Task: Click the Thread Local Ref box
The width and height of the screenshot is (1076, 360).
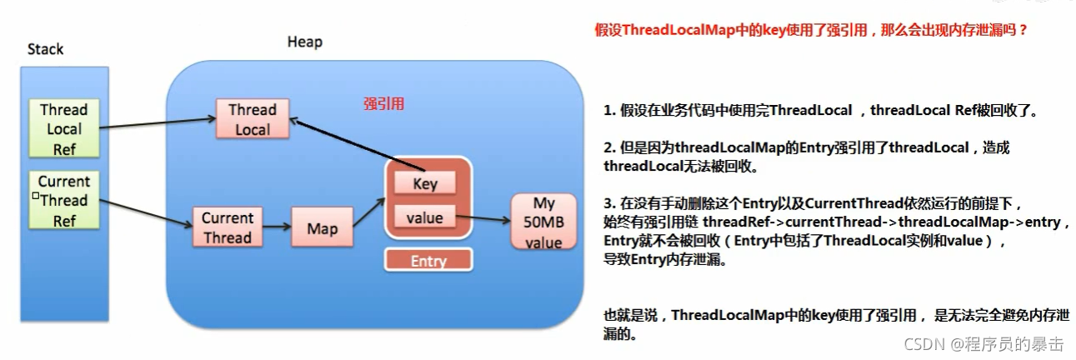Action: pyautogui.click(x=63, y=129)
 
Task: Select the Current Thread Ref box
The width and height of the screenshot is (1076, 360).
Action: pyautogui.click(x=64, y=201)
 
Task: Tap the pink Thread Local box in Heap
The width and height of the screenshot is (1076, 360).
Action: pyautogui.click(x=252, y=119)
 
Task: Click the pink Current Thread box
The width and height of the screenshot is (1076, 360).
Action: pyautogui.click(x=227, y=227)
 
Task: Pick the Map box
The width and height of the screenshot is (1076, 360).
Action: pyautogui.click(x=322, y=227)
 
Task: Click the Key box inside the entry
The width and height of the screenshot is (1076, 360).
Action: pyautogui.click(x=424, y=183)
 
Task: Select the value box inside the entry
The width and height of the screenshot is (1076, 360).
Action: pyautogui.click(x=424, y=217)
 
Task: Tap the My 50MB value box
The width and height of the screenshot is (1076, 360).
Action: pyautogui.click(x=543, y=222)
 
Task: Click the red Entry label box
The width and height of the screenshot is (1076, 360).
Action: pyautogui.click(x=428, y=260)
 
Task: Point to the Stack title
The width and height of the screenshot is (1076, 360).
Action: pyautogui.click(x=45, y=49)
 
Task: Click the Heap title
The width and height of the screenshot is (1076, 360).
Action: pyautogui.click(x=304, y=42)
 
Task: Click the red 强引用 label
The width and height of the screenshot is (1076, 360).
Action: pyautogui.click(x=384, y=103)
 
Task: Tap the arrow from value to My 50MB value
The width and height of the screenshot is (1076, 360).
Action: pyautogui.click(x=484, y=219)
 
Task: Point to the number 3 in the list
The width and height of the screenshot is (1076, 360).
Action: pyautogui.click(x=608, y=204)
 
